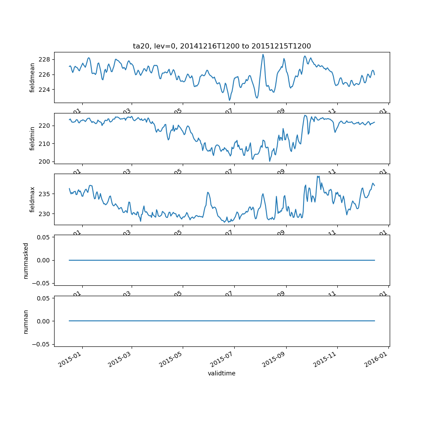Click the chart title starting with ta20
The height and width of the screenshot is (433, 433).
pos(222,46)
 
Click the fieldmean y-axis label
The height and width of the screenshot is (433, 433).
pos(32,78)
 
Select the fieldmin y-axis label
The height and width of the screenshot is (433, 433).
pos(32,139)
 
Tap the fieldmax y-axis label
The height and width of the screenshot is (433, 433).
pos(32,199)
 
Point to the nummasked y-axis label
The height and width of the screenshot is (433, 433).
pos(26,260)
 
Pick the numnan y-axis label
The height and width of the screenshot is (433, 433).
pos(26,321)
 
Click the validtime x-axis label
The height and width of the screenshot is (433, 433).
pos(222,373)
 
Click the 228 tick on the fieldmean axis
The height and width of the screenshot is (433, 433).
pos(45,59)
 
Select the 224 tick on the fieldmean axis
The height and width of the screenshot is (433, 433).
pos(45,90)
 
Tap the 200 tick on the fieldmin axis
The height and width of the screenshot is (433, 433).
pos(45,162)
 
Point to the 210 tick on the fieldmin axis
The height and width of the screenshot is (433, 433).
pos(45,143)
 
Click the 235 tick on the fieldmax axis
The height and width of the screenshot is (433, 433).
pos(45,194)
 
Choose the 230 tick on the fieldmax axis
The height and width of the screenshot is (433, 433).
pos(45,213)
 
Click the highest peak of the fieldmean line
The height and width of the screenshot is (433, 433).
pos(263,55)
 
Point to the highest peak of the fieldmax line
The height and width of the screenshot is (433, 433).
pos(318,176)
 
